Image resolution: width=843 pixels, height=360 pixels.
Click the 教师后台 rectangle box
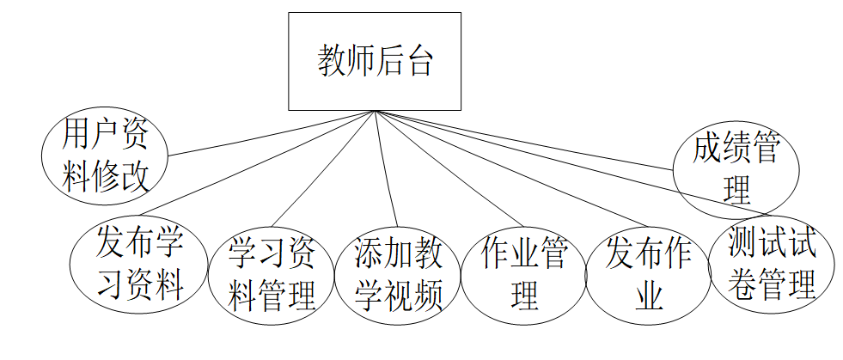pos(374,61)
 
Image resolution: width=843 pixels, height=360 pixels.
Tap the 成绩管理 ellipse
pos(736,169)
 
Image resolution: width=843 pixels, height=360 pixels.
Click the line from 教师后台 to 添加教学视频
pos(385,168)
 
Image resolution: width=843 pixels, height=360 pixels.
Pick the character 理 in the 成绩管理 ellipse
pos(736,190)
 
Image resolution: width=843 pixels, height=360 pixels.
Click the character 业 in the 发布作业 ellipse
pos(650,296)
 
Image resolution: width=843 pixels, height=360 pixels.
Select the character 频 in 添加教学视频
pos(427,296)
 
